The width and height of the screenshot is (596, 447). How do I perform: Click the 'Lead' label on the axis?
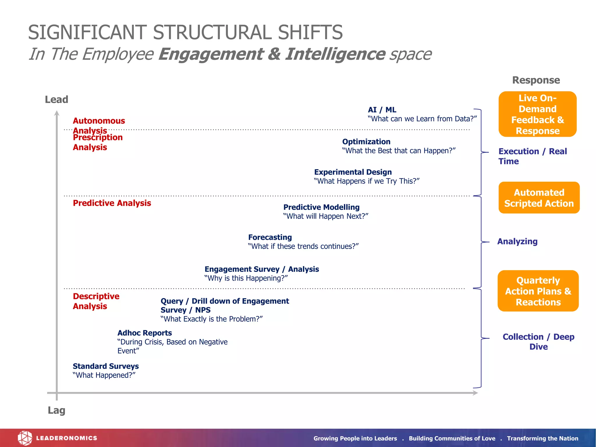coord(56,100)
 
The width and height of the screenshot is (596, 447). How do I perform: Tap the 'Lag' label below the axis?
coord(56,410)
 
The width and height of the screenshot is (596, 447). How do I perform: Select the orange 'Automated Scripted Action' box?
coord(539,198)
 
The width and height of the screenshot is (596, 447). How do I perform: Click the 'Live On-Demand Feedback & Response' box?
coord(538,114)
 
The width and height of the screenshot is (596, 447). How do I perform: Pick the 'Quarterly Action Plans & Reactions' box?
coord(538,291)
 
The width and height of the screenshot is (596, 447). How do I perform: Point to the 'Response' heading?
coord(536,80)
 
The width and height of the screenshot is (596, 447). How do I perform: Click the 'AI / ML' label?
coord(382,110)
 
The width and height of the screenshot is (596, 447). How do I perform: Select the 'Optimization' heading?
coord(366,142)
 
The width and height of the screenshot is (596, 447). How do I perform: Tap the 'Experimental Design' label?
coord(353,172)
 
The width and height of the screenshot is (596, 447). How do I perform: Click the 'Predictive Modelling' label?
coord(321,207)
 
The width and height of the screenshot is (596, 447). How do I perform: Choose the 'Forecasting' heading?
coord(270,237)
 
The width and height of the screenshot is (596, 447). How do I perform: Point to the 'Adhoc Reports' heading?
coord(145,333)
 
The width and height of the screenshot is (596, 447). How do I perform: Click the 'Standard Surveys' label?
coord(106,366)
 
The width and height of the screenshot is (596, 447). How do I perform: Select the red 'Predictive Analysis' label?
coord(112,203)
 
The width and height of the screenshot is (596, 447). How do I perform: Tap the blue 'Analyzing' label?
coord(517,242)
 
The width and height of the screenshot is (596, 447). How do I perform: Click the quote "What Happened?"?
coord(104,375)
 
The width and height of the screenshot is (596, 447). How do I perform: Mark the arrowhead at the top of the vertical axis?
coord(57,113)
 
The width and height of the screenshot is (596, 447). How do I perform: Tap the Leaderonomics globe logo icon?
coord(25,438)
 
